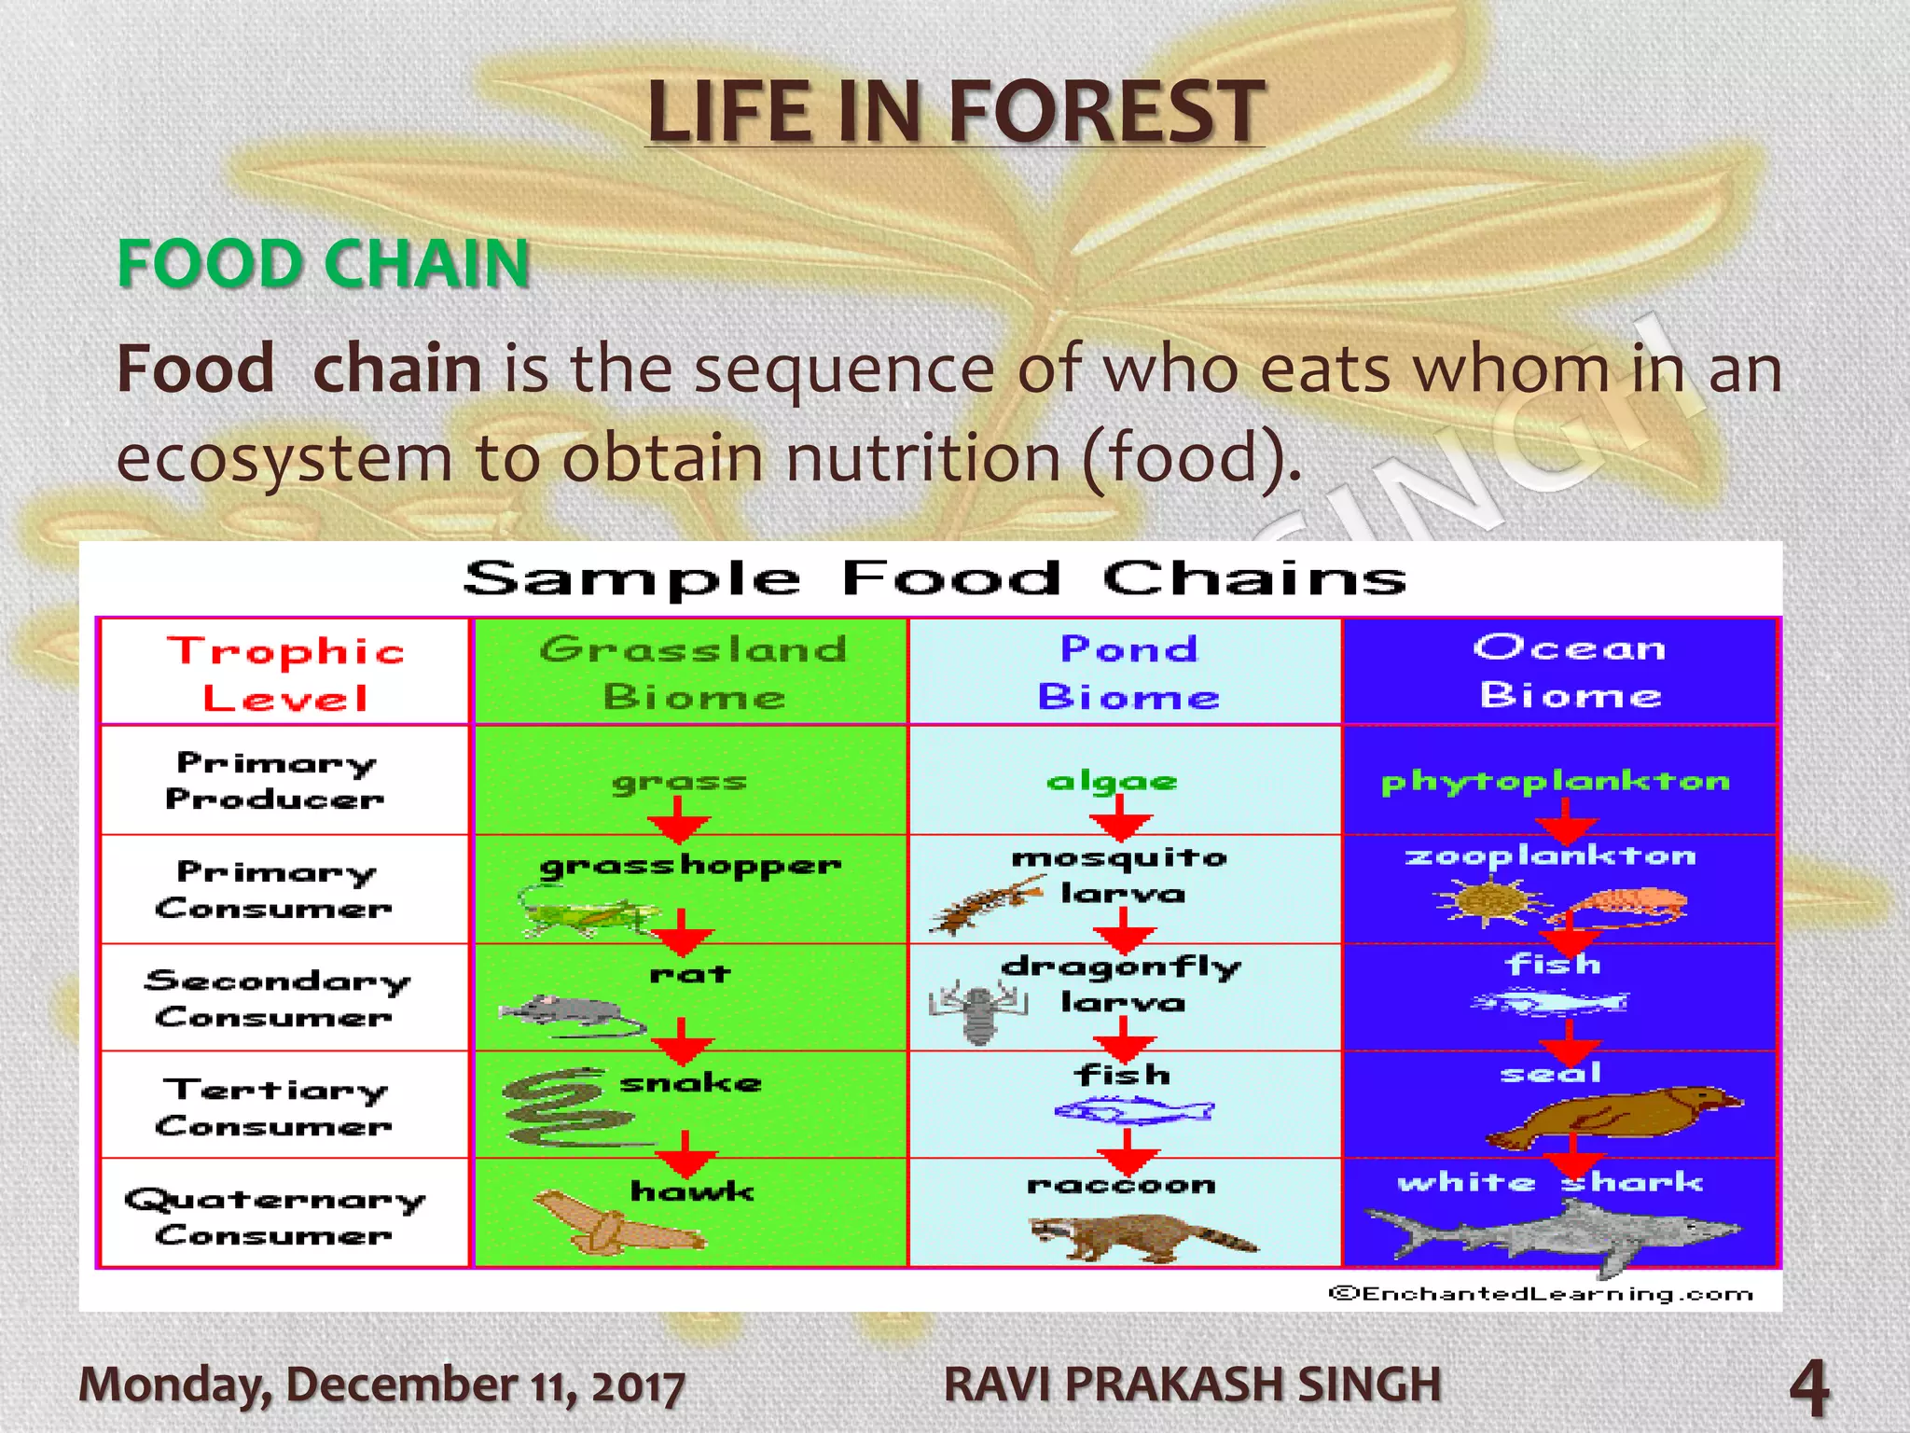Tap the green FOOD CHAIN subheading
(x=324, y=263)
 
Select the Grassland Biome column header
(x=692, y=673)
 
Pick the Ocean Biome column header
(x=1570, y=672)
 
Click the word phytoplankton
(x=1555, y=782)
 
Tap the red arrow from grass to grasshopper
(x=679, y=821)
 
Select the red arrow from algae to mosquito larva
(x=1120, y=821)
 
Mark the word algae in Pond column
(x=1112, y=782)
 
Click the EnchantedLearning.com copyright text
(x=1541, y=1293)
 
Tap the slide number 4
(x=1809, y=1387)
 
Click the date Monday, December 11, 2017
(x=381, y=1384)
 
